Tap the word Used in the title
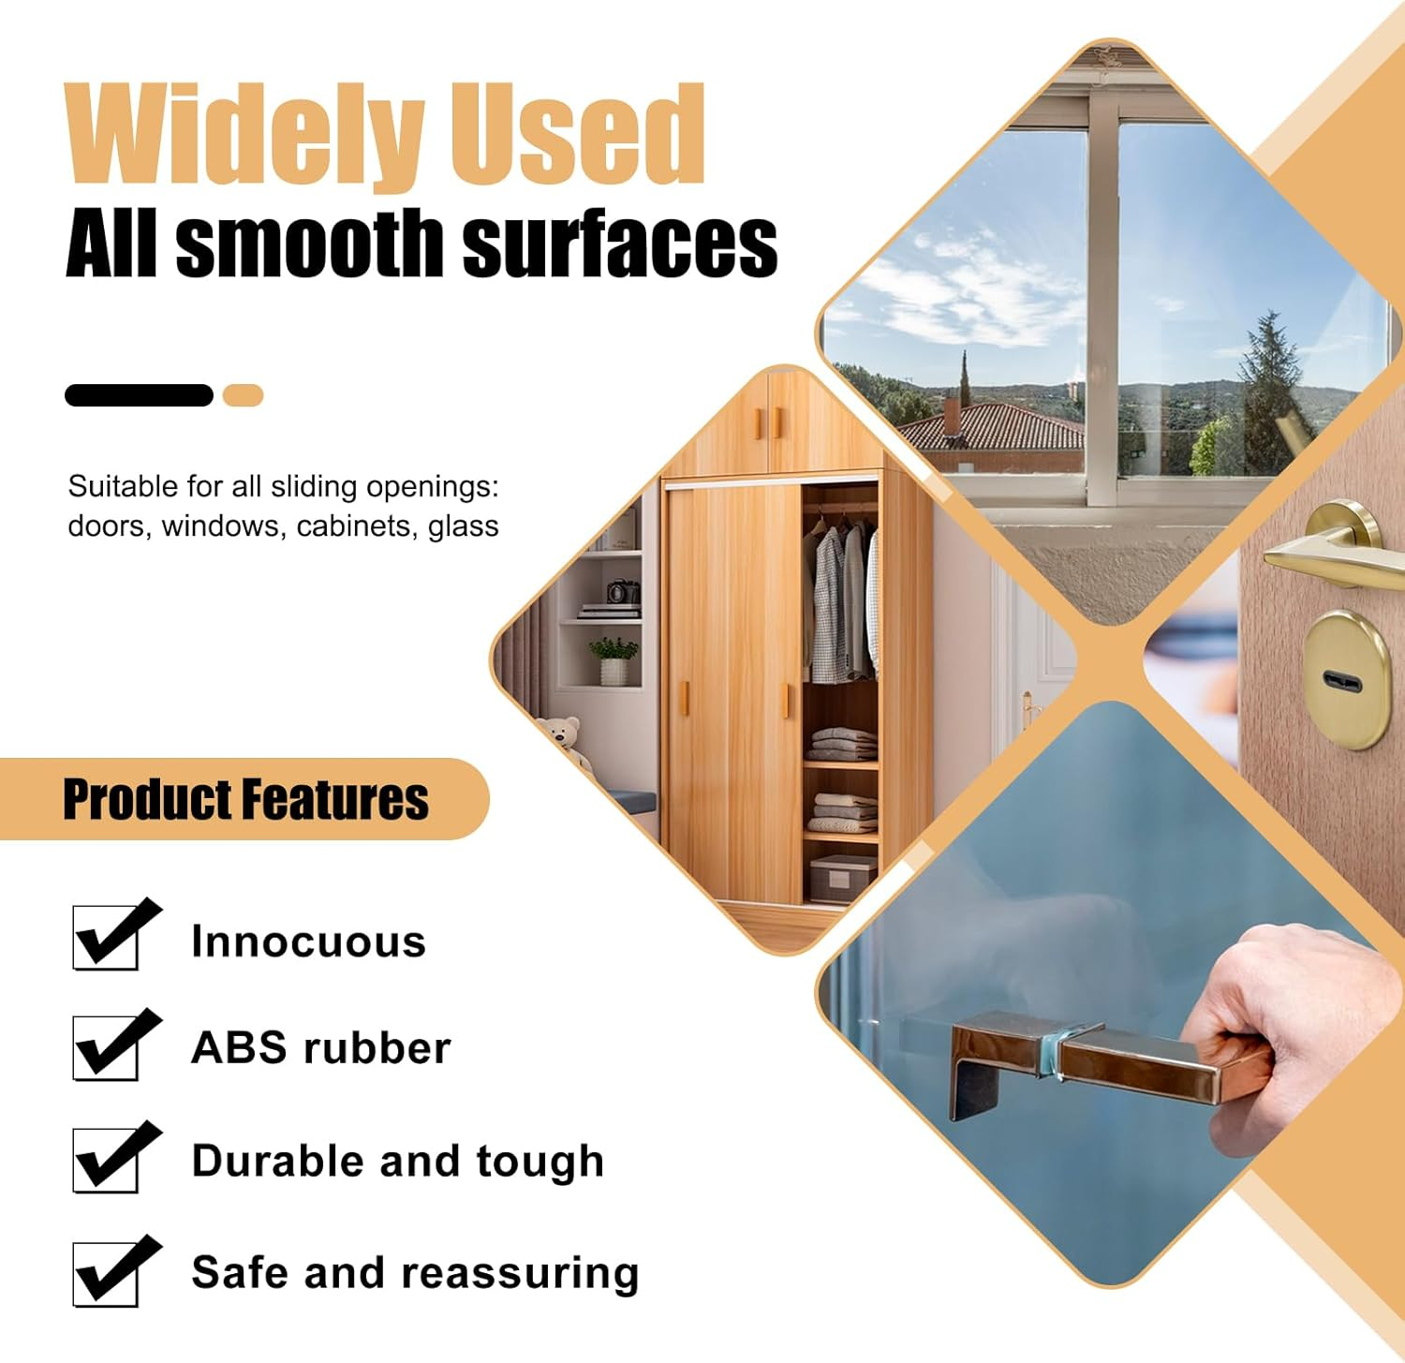point(575,135)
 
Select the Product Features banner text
point(245,799)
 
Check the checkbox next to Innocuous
point(106,937)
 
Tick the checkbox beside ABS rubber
point(106,1047)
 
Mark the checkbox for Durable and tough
point(106,1160)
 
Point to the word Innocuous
point(308,941)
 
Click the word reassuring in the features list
point(520,1274)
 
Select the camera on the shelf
point(622,592)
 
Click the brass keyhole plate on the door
point(1345,679)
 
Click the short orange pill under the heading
point(243,395)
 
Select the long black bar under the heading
point(139,395)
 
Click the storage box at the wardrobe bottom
point(840,878)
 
